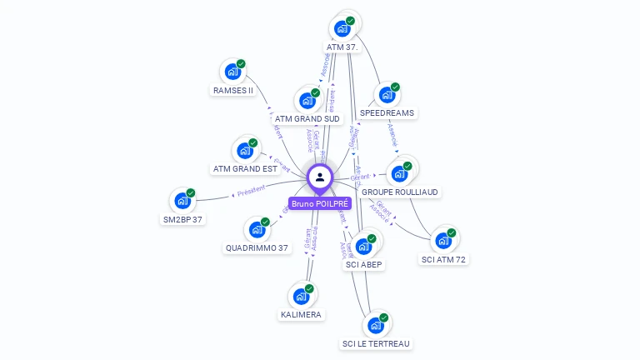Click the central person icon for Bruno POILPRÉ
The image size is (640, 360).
click(x=320, y=177)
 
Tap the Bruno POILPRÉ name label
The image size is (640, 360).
click(x=320, y=203)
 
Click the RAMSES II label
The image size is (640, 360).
click(x=233, y=90)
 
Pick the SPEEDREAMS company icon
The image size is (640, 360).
click(x=387, y=95)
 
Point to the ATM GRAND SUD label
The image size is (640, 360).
click(x=307, y=118)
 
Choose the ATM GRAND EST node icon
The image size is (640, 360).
click(x=245, y=151)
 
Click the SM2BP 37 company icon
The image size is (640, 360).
click(x=182, y=201)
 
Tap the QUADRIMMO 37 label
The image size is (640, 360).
click(x=257, y=247)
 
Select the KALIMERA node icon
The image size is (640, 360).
click(x=301, y=297)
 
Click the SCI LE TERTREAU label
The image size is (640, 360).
click(x=377, y=343)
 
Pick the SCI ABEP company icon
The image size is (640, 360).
click(x=363, y=247)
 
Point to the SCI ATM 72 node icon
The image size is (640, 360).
click(x=443, y=241)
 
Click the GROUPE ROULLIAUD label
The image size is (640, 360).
click(x=400, y=192)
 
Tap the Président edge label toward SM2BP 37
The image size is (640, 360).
click(x=251, y=191)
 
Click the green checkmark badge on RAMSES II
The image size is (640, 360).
click(x=241, y=64)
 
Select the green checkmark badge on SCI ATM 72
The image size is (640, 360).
click(x=452, y=233)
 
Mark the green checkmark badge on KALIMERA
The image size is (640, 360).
click(x=309, y=289)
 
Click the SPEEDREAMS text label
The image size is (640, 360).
click(x=387, y=112)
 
